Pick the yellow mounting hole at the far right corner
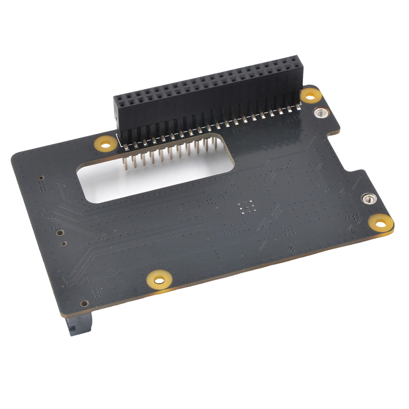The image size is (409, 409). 381,224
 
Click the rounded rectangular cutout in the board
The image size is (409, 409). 151,179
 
